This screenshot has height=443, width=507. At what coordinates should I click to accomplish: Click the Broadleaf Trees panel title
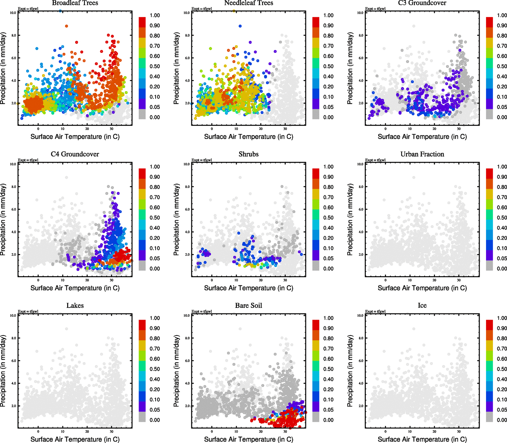point(75,3)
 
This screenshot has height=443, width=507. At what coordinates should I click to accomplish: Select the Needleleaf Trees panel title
point(249,3)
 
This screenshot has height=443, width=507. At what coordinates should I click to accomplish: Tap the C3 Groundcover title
point(422,3)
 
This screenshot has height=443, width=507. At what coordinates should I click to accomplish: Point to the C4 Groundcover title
point(75,154)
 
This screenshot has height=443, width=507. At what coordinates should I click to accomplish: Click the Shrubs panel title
point(249,154)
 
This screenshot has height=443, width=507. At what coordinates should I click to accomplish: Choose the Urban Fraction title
point(422,154)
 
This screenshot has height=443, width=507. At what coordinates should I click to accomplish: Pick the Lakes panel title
point(75,306)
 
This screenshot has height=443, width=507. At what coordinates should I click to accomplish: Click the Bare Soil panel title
point(249,306)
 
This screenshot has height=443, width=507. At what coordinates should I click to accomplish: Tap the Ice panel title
point(422,306)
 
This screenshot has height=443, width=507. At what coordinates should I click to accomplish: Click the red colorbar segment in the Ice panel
point(489,325)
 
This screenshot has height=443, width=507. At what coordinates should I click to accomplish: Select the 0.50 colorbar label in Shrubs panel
point(329,218)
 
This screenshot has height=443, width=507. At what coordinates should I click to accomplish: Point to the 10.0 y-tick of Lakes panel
point(13,316)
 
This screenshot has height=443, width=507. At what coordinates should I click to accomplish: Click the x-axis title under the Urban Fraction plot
point(422,288)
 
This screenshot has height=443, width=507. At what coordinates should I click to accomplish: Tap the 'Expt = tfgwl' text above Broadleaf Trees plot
point(28,8)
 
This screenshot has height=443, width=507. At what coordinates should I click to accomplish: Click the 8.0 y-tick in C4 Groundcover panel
point(13,187)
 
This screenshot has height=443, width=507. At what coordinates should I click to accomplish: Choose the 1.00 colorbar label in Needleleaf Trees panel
point(329,16)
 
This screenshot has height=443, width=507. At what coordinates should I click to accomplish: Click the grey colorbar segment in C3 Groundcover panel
point(489,114)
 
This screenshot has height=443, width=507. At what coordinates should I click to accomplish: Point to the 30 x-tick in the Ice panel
point(459,431)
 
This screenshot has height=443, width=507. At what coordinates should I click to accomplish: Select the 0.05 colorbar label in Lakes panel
point(155,410)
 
